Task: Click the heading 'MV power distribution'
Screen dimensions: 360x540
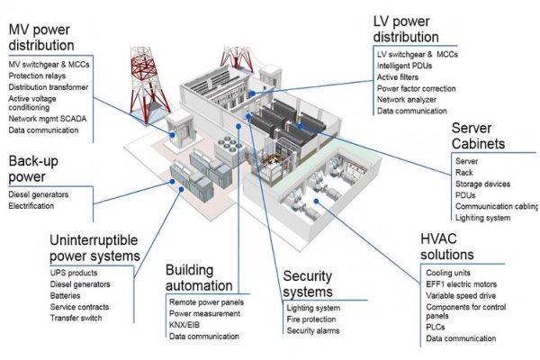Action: (40, 35)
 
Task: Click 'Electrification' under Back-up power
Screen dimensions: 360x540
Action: (31, 206)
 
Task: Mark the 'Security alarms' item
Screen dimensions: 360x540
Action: (313, 331)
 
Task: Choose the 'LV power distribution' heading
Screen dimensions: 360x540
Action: (406, 28)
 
